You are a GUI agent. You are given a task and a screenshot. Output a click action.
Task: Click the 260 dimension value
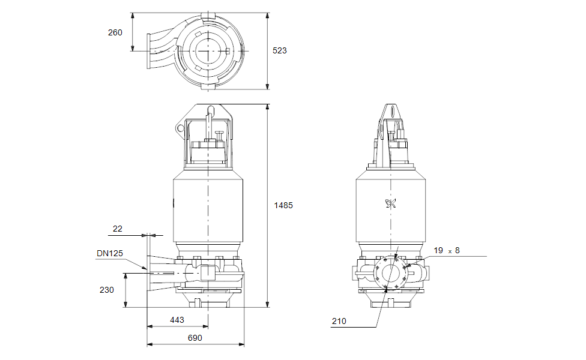pos(115,32)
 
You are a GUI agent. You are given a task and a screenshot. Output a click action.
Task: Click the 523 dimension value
pos(280,50)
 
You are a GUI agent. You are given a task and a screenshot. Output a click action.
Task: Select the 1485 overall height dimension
pos(283,205)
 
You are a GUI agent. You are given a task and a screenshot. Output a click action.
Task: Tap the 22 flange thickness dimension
pos(118,229)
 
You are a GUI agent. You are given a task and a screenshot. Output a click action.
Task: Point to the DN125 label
pos(109,253)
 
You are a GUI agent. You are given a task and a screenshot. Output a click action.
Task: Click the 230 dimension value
pos(106,290)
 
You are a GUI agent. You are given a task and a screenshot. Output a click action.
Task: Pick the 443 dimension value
pos(177,320)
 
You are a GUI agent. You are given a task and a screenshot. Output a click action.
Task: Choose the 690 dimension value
pos(195,338)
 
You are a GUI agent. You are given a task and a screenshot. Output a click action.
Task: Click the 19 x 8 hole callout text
pos(447,250)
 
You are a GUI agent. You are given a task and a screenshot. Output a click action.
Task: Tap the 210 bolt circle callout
pos(339,322)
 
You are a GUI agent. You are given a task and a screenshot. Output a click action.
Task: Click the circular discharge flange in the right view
pos(391,274)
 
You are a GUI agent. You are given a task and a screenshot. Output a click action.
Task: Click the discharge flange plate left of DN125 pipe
pos(148,274)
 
